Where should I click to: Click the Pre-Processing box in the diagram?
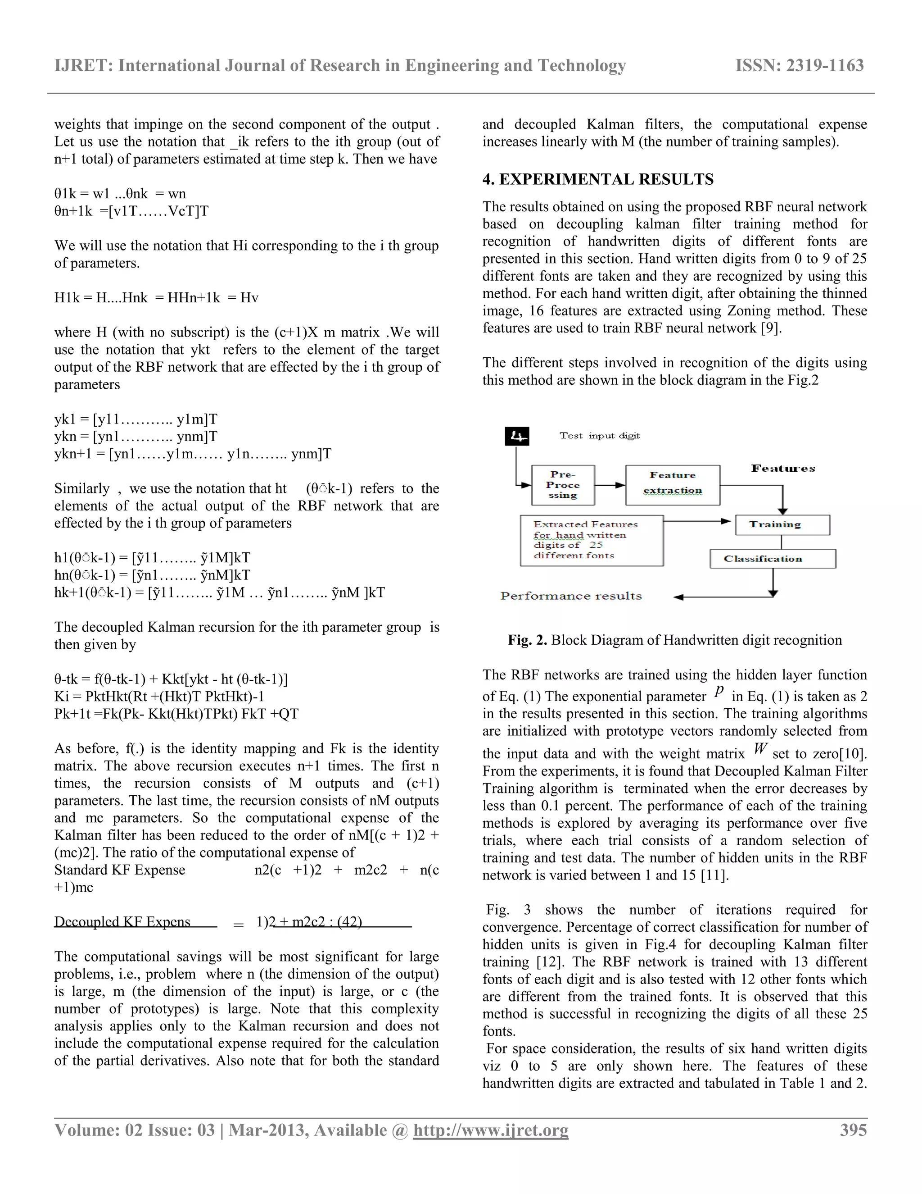(563, 485)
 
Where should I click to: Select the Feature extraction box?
(673, 484)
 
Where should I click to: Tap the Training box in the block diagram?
(782, 524)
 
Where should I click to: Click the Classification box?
(773, 559)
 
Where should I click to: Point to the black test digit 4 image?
(517, 436)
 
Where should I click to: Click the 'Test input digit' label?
(599, 436)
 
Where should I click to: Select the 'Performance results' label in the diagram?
(571, 596)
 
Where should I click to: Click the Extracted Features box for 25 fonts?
(592, 540)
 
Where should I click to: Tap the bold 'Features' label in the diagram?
(783, 469)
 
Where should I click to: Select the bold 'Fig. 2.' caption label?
(527, 640)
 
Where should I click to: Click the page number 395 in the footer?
(853, 1130)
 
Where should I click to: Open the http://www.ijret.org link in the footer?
(491, 1130)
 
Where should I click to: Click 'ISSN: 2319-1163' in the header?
(799, 66)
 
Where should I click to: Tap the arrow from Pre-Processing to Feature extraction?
(610, 485)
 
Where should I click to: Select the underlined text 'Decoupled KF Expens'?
(122, 922)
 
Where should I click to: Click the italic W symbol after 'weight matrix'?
(760, 748)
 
